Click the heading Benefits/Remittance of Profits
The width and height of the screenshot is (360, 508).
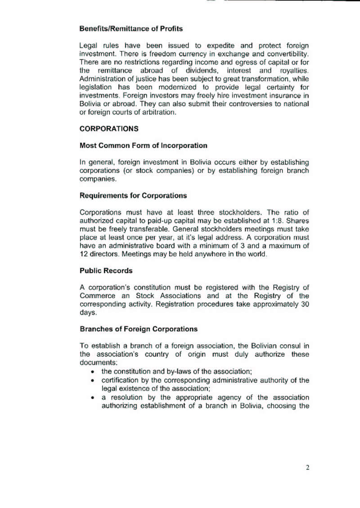pyautogui.click(x=131, y=29)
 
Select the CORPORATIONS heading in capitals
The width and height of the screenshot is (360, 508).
pyautogui.click(x=109, y=129)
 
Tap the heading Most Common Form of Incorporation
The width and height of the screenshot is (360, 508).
pyautogui.click(x=143, y=146)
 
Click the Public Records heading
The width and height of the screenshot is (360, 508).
pyautogui.click(x=106, y=271)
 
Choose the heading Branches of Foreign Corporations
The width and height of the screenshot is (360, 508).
pyautogui.click(x=139, y=329)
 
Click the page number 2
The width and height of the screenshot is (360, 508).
pyautogui.click(x=308, y=468)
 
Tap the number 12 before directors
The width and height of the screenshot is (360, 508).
pyautogui.click(x=84, y=254)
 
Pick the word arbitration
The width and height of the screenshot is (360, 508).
pyautogui.click(x=159, y=112)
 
